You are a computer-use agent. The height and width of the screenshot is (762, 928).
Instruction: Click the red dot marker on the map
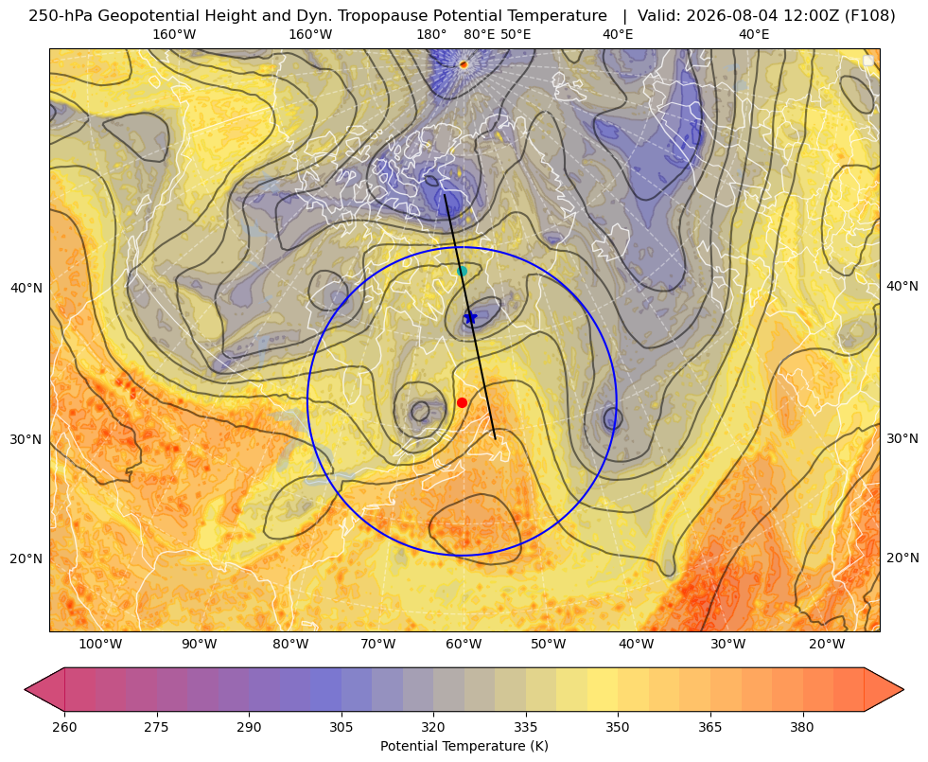coord(463,402)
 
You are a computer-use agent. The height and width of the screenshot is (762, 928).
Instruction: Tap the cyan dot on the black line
coord(463,271)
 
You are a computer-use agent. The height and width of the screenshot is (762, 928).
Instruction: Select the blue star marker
coord(470,318)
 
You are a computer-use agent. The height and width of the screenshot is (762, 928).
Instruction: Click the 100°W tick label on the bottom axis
coord(100,644)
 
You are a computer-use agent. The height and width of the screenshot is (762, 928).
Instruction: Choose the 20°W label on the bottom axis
coord(827,644)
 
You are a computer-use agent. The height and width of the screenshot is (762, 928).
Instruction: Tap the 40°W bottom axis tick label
coord(637,644)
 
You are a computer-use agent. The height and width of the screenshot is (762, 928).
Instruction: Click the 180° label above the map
coord(431,34)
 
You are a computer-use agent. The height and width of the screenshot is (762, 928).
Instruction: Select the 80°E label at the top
coord(480,34)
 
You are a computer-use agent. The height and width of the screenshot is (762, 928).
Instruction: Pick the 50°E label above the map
coord(517,34)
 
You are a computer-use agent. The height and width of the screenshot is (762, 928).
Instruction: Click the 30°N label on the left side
coord(26,439)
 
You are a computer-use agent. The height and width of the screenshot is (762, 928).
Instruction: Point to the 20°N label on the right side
coord(902,558)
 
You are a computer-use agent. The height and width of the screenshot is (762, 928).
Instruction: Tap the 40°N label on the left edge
coord(26,289)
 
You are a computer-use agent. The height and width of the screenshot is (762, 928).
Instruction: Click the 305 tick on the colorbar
coord(341,726)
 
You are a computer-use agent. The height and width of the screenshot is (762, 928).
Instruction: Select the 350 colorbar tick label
coord(618,726)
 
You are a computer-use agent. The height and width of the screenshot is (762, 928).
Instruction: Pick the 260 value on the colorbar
coord(64,726)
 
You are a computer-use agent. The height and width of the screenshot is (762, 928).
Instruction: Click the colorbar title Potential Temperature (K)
coord(464,746)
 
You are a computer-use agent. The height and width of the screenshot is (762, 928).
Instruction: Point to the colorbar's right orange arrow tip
coord(903,689)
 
